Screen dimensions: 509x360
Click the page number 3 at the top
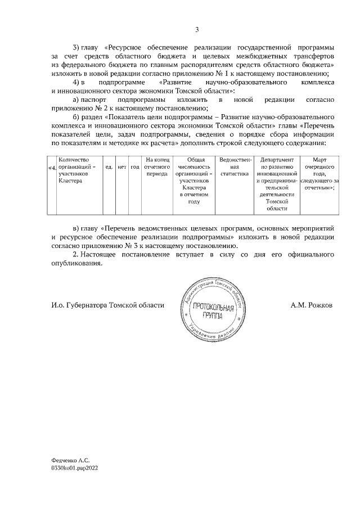[197, 30]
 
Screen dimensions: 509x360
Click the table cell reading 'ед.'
[109, 167]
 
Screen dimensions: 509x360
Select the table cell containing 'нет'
[121, 167]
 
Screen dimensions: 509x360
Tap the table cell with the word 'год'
[135, 167]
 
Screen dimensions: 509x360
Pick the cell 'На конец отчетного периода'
[157, 167]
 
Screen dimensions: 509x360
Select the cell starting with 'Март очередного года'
[319, 174]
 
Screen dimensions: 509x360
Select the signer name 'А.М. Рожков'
[312, 305]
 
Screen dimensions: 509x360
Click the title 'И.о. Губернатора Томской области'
[107, 305]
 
